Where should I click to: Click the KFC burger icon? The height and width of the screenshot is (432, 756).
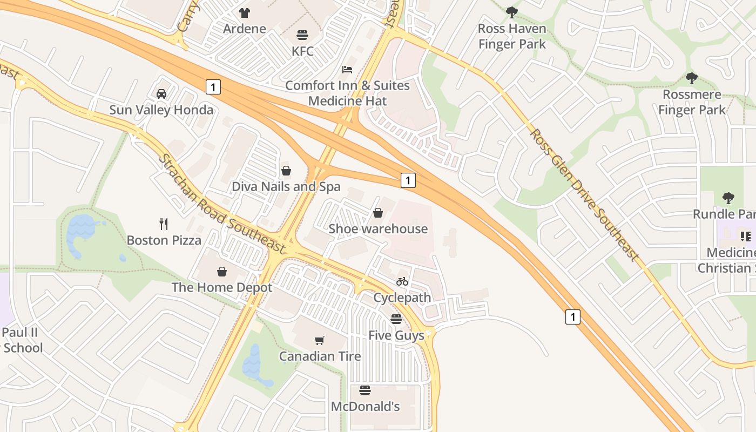pos(302,35)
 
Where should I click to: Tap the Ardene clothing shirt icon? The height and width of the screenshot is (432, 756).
pos(245,12)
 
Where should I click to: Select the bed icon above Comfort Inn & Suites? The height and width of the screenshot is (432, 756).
pos(347,70)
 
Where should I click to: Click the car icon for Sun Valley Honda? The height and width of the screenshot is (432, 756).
pos(161,94)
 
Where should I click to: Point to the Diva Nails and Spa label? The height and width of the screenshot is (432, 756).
pos(286,187)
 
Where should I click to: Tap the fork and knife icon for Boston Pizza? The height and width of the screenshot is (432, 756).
pos(164,224)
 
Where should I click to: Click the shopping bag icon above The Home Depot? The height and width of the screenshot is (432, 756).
pos(221,271)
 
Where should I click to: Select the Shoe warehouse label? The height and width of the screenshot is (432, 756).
pos(378,229)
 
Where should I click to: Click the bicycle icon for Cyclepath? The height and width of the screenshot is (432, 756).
pos(402,281)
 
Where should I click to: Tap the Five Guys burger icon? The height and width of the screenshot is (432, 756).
pos(396,319)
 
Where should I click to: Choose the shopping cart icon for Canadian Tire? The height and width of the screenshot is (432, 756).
pos(320,340)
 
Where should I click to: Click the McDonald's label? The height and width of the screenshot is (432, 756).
pos(365,407)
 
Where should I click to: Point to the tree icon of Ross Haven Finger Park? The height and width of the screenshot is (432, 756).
pos(512,12)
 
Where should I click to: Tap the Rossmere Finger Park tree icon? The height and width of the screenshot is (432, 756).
pos(692,78)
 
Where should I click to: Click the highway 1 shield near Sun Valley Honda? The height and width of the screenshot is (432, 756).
pos(214,86)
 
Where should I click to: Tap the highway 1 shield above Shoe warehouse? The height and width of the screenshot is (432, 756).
pos(408,180)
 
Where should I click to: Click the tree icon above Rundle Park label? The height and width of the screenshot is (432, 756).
pos(728,198)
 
